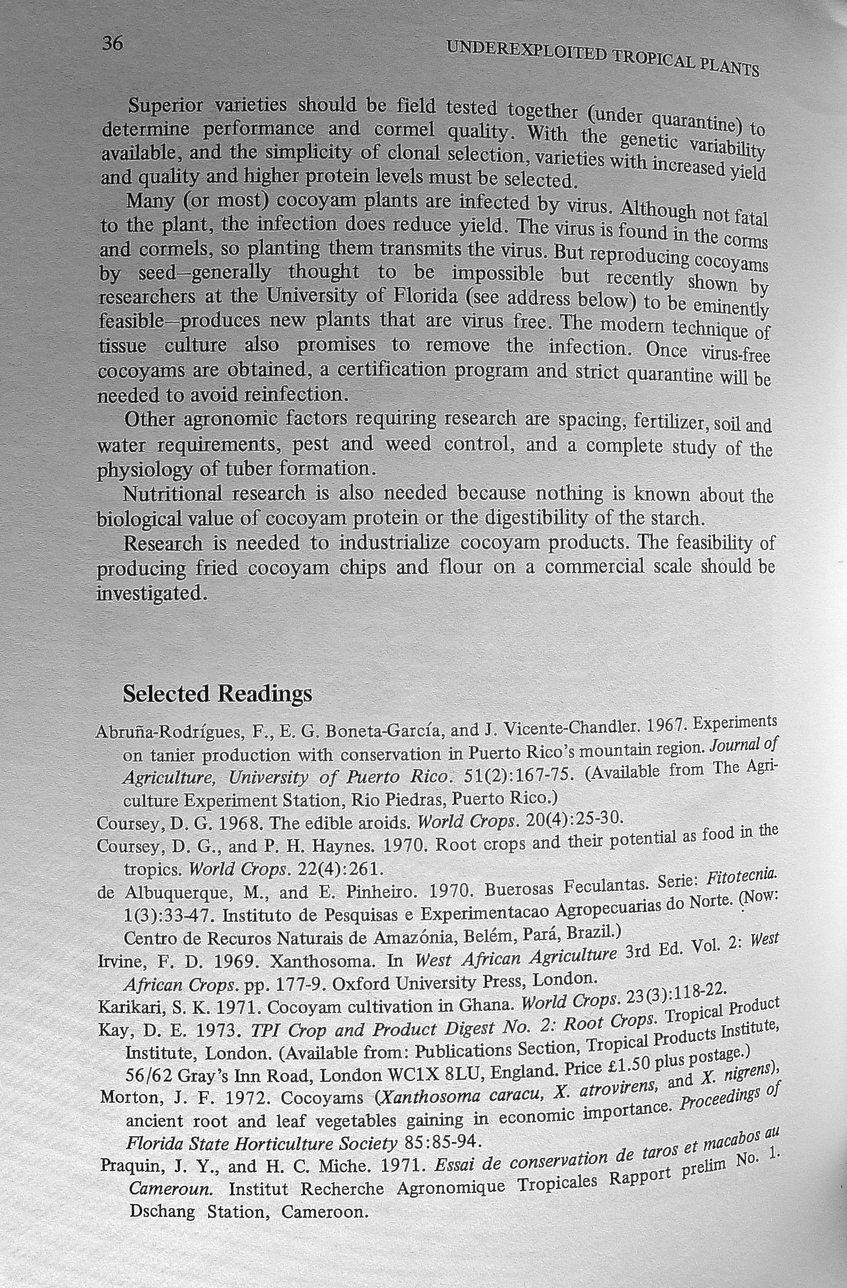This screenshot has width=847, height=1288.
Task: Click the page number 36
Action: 113,43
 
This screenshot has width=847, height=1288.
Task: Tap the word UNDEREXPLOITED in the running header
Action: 525,52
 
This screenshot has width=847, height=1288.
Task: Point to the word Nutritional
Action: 172,493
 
